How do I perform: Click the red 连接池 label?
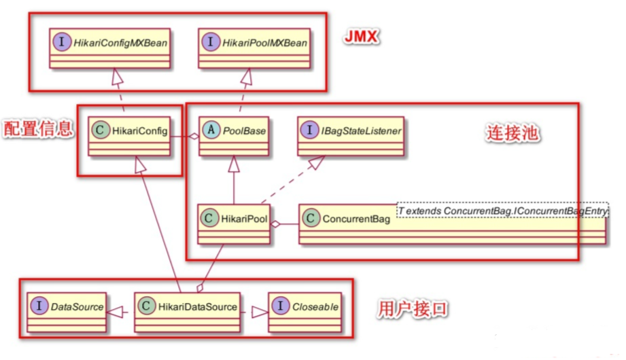pos(513,133)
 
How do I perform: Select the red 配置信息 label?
pos(37,129)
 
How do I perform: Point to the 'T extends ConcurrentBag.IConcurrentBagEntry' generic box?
pos(502,211)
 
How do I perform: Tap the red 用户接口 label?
pos(413,309)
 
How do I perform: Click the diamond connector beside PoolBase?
pos(194,136)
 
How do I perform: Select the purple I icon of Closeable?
pos(280,307)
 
